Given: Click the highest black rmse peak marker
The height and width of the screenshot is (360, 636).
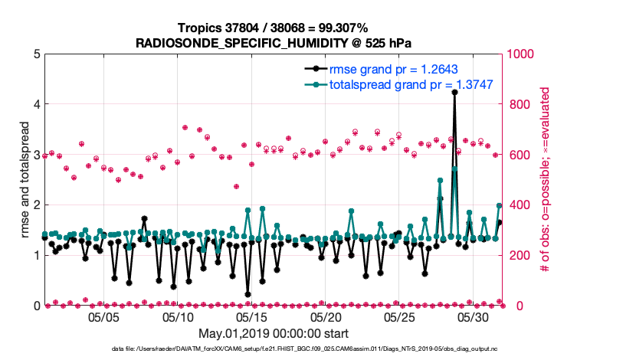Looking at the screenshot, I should (x=454, y=92).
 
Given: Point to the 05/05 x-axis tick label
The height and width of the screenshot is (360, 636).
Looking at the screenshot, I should (x=104, y=316).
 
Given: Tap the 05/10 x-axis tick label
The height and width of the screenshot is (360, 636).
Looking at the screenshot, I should (x=178, y=316).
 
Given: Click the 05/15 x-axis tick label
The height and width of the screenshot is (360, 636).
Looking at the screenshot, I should (x=252, y=316).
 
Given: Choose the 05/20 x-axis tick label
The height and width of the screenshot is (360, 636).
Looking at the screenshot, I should (x=326, y=316).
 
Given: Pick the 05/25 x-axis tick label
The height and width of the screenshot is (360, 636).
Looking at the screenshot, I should (x=400, y=316).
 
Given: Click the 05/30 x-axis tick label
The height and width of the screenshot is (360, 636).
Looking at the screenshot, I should (x=474, y=316).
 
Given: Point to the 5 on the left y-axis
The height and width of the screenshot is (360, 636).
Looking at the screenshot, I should (x=36, y=54).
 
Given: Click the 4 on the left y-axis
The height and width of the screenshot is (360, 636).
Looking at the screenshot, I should (x=36, y=104).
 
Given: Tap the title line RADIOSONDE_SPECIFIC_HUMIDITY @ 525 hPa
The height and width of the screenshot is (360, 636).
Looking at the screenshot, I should (x=273, y=42).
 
